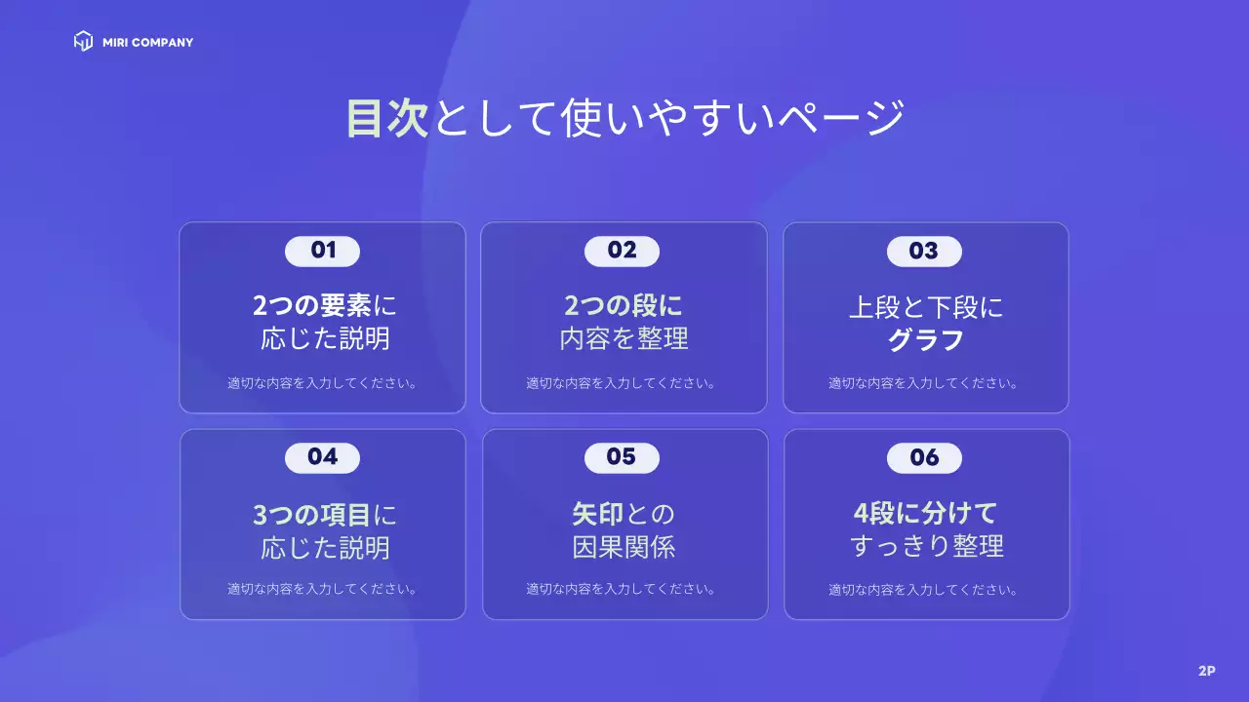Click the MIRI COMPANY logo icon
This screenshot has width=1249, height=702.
tap(83, 41)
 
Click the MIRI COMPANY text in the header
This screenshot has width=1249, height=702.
tap(147, 43)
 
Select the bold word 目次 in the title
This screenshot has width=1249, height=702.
tap(387, 118)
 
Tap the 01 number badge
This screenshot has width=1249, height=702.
tap(322, 251)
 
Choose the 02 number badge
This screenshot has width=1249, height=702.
tap(622, 251)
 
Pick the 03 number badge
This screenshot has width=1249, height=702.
tap(923, 252)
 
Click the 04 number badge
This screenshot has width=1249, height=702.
tap(322, 457)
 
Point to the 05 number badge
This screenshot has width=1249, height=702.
tap(622, 457)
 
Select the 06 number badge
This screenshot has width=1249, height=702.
tap(923, 457)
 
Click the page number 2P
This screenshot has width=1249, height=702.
tap(1206, 671)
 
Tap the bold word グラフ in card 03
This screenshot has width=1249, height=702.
tap(925, 340)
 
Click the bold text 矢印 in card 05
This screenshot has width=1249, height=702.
tap(597, 514)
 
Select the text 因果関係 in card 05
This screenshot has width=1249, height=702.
tap(624, 547)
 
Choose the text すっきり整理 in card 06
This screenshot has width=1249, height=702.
tap(926, 546)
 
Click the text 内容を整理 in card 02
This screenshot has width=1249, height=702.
tap(624, 339)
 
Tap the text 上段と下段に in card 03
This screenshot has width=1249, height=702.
tap(925, 308)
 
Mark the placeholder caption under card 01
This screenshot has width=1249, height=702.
tap(323, 383)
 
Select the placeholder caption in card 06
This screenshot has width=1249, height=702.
tap(924, 590)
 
